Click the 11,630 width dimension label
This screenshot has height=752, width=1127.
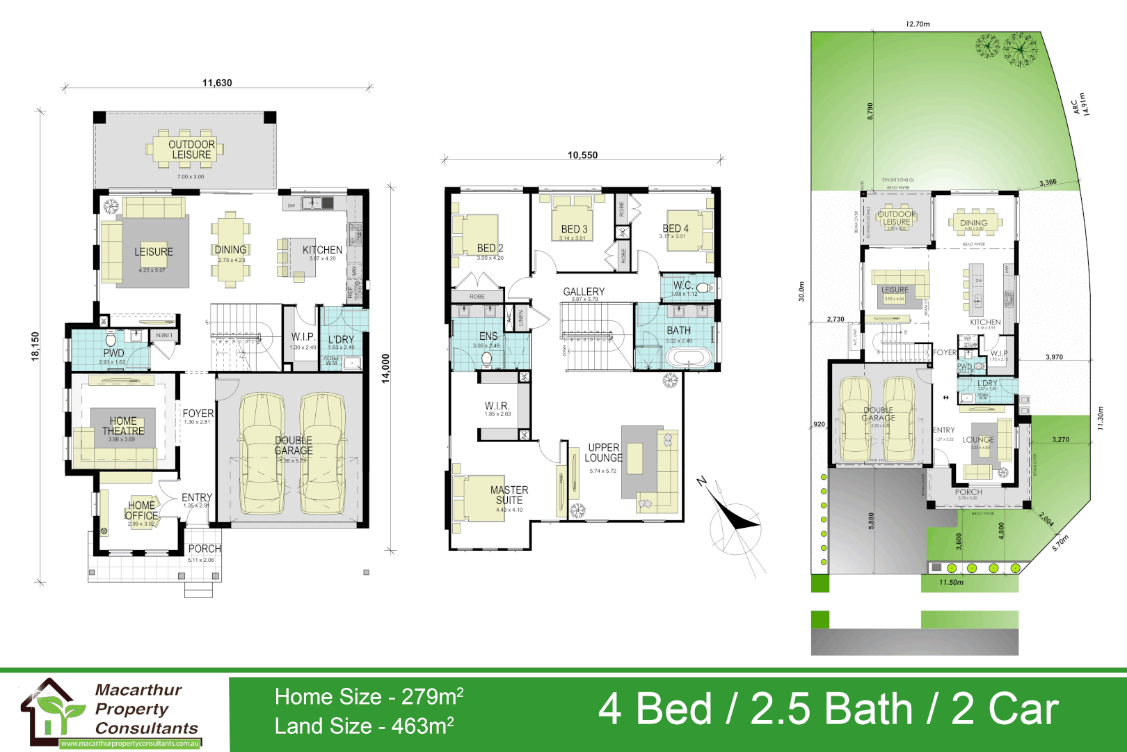217,83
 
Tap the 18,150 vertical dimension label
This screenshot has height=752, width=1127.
35,346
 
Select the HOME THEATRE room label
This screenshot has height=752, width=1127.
123,426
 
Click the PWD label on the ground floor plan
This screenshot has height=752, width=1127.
113,353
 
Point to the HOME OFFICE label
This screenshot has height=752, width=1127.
142,510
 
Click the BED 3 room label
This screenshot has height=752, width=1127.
574,229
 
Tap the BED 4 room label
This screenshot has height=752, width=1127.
676,228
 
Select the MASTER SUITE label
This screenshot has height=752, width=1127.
509,495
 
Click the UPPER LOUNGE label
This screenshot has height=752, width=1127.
603,453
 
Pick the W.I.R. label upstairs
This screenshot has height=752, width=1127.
497,406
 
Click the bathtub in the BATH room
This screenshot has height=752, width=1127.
689,358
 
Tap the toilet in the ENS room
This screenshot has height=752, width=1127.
487,359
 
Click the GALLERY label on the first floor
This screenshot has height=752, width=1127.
584,292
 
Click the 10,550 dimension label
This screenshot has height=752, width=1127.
582,155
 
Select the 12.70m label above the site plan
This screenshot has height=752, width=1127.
918,24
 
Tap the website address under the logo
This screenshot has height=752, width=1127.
130,744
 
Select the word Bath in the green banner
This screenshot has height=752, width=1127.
832,710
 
